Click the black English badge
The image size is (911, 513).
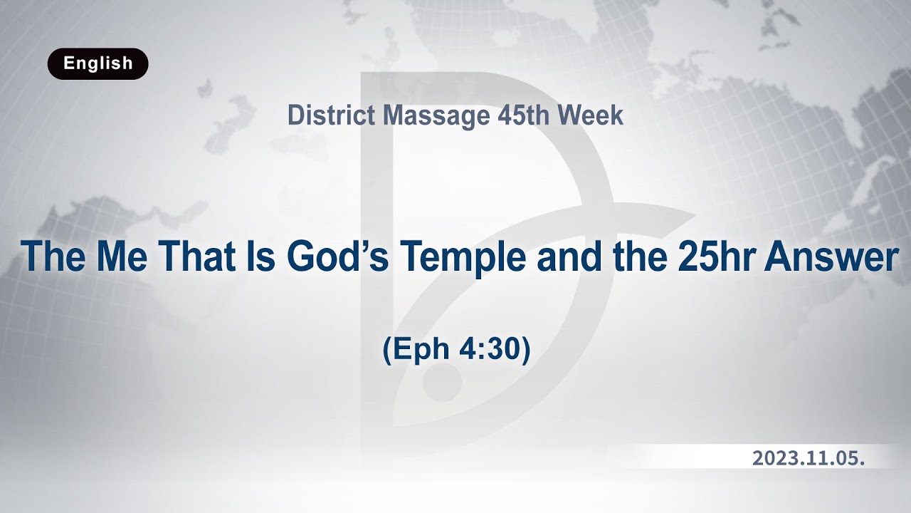98,63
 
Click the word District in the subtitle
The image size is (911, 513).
331,115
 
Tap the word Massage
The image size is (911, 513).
431,115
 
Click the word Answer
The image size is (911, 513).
831,256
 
